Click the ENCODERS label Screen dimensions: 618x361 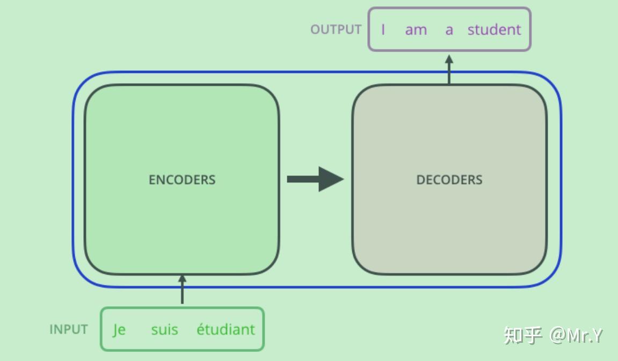coord(182,180)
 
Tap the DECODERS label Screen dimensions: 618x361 coord(449,180)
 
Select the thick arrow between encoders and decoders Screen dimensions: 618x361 coord(315,179)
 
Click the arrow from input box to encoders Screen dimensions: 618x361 coord(182,289)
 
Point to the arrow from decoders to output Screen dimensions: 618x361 coord(449,69)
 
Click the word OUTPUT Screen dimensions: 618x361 coord(336,30)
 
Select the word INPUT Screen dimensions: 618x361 coord(69,329)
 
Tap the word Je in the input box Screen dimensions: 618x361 coord(119,330)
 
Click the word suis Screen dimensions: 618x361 coord(165,329)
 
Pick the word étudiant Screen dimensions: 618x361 coord(226,329)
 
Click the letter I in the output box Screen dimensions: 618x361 coord(383,30)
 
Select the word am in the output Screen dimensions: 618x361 coord(416,31)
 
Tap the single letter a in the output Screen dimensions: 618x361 coord(449,31)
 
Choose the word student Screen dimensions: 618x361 coord(495,30)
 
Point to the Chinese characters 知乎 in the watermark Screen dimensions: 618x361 coord(523,335)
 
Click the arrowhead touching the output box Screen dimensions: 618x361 coord(449,60)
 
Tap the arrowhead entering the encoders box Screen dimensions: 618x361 coord(182,279)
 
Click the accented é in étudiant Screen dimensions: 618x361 coord(201,329)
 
